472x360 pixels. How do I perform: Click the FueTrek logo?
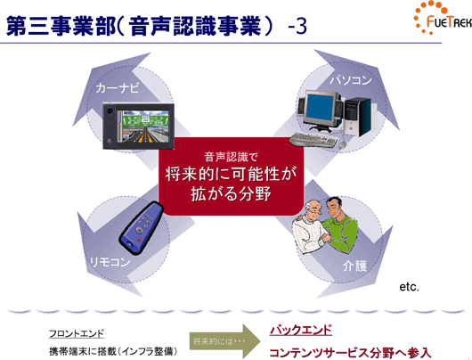coord(443,18)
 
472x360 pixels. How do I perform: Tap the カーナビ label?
coord(118,88)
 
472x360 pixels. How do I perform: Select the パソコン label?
coord(351,80)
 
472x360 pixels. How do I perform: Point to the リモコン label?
coord(110,262)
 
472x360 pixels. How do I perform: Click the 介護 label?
coord(355,266)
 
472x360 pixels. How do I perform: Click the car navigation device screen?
coord(145,126)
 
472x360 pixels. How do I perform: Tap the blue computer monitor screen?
coord(320,108)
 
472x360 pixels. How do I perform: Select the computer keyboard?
coord(313,140)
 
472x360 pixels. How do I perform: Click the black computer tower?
coord(359,117)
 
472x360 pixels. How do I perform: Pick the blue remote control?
coord(142,227)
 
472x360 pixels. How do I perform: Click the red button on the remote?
coord(139,240)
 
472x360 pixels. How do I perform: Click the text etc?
coord(409,287)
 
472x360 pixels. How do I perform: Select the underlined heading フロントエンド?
coord(77,333)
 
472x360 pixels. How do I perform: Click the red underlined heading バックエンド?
coord(301,330)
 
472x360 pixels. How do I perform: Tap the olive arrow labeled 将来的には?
coord(224,341)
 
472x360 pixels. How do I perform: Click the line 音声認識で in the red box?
coord(231,157)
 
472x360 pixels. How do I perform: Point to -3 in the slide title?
coord(297,27)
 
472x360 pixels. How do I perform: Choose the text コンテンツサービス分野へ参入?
coord(350,353)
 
